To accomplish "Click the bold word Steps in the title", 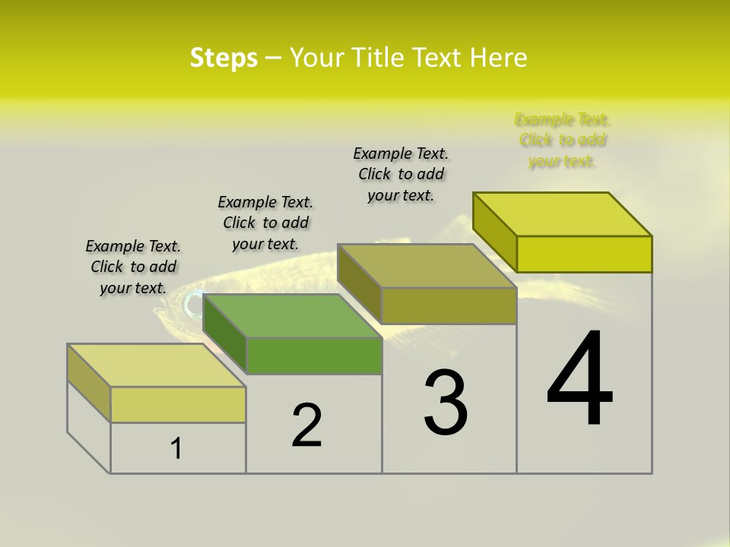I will pos(224,58).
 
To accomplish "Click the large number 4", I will pos(579,380).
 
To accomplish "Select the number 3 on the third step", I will pos(446,403).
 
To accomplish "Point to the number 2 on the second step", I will pos(306,426).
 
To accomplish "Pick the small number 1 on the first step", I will pos(176,448).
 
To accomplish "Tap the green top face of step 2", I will pos(293,316).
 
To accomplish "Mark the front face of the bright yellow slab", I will pos(584,254).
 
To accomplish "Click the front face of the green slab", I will pos(314,356).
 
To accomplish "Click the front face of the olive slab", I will pos(449,306).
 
